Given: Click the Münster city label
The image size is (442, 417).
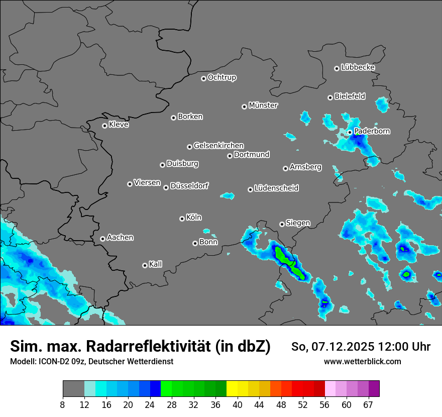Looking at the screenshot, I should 263,106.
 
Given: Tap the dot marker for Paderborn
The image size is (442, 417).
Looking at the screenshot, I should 350,132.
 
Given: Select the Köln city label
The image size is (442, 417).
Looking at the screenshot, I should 194,218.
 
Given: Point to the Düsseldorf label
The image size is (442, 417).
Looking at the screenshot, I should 189,186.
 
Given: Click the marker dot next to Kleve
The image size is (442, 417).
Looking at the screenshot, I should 104,126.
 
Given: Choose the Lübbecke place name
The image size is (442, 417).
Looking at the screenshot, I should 358,67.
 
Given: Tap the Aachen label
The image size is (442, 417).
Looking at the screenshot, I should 120,238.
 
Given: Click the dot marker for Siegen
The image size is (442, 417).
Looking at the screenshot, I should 282,224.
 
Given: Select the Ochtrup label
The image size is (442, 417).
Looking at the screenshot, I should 222,77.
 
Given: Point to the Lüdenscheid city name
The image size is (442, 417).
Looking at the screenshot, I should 276,188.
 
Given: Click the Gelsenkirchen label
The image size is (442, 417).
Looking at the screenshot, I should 218,146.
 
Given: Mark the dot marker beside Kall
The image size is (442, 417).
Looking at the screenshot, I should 145,265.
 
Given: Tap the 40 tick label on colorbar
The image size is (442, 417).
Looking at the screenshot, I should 238,405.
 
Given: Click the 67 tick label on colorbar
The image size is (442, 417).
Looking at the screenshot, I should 368,405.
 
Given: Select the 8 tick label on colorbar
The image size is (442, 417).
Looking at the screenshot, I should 63,405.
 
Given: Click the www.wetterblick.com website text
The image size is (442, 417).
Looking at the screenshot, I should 362,362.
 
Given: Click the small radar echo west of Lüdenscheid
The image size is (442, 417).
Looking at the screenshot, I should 228,195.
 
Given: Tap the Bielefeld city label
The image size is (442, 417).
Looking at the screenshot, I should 350,96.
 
